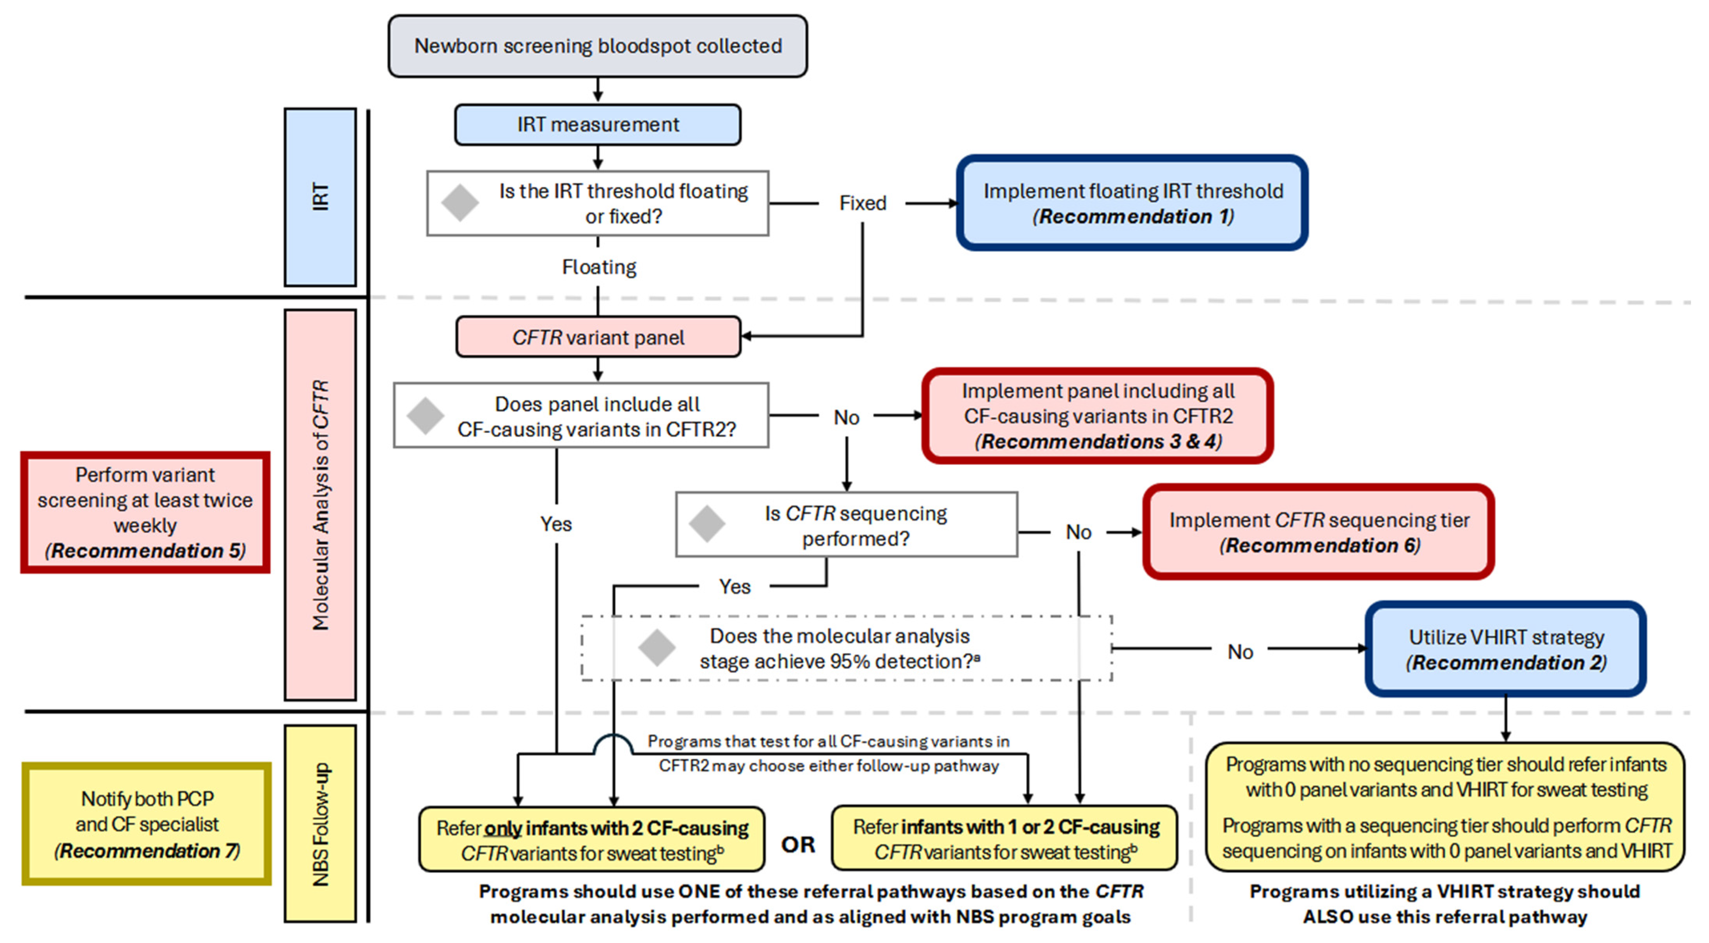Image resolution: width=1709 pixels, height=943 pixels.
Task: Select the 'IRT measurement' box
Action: coord(597,125)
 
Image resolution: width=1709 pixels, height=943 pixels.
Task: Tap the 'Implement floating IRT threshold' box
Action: coord(1132,203)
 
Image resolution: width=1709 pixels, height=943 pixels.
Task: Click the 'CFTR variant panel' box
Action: coord(597,337)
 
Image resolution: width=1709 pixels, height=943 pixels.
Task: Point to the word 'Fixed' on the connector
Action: coord(862,203)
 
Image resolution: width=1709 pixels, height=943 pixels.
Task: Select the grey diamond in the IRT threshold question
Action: coord(460,203)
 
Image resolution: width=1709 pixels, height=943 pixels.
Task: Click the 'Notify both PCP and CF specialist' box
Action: coord(147,824)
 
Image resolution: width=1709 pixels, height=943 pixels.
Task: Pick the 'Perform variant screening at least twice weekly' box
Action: coord(145,512)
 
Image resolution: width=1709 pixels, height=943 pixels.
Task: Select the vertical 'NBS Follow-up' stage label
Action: coord(320,824)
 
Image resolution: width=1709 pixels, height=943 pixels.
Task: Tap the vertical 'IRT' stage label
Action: coord(320,197)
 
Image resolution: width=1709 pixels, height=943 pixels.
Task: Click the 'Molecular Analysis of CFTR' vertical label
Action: coord(320,504)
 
